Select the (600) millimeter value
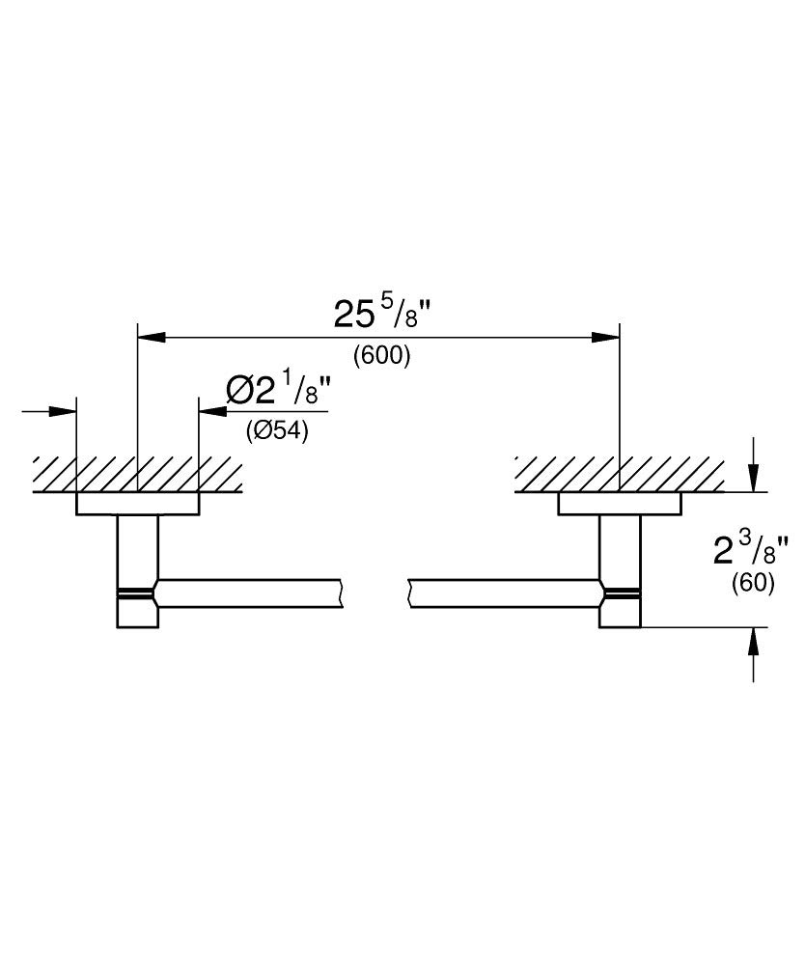[382, 356]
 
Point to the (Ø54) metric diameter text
[277, 431]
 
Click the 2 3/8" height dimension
[743, 552]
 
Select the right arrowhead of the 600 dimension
[606, 337]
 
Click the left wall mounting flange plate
[137, 504]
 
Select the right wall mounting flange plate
[620, 504]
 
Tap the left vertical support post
[137, 550]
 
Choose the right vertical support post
[620, 550]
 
